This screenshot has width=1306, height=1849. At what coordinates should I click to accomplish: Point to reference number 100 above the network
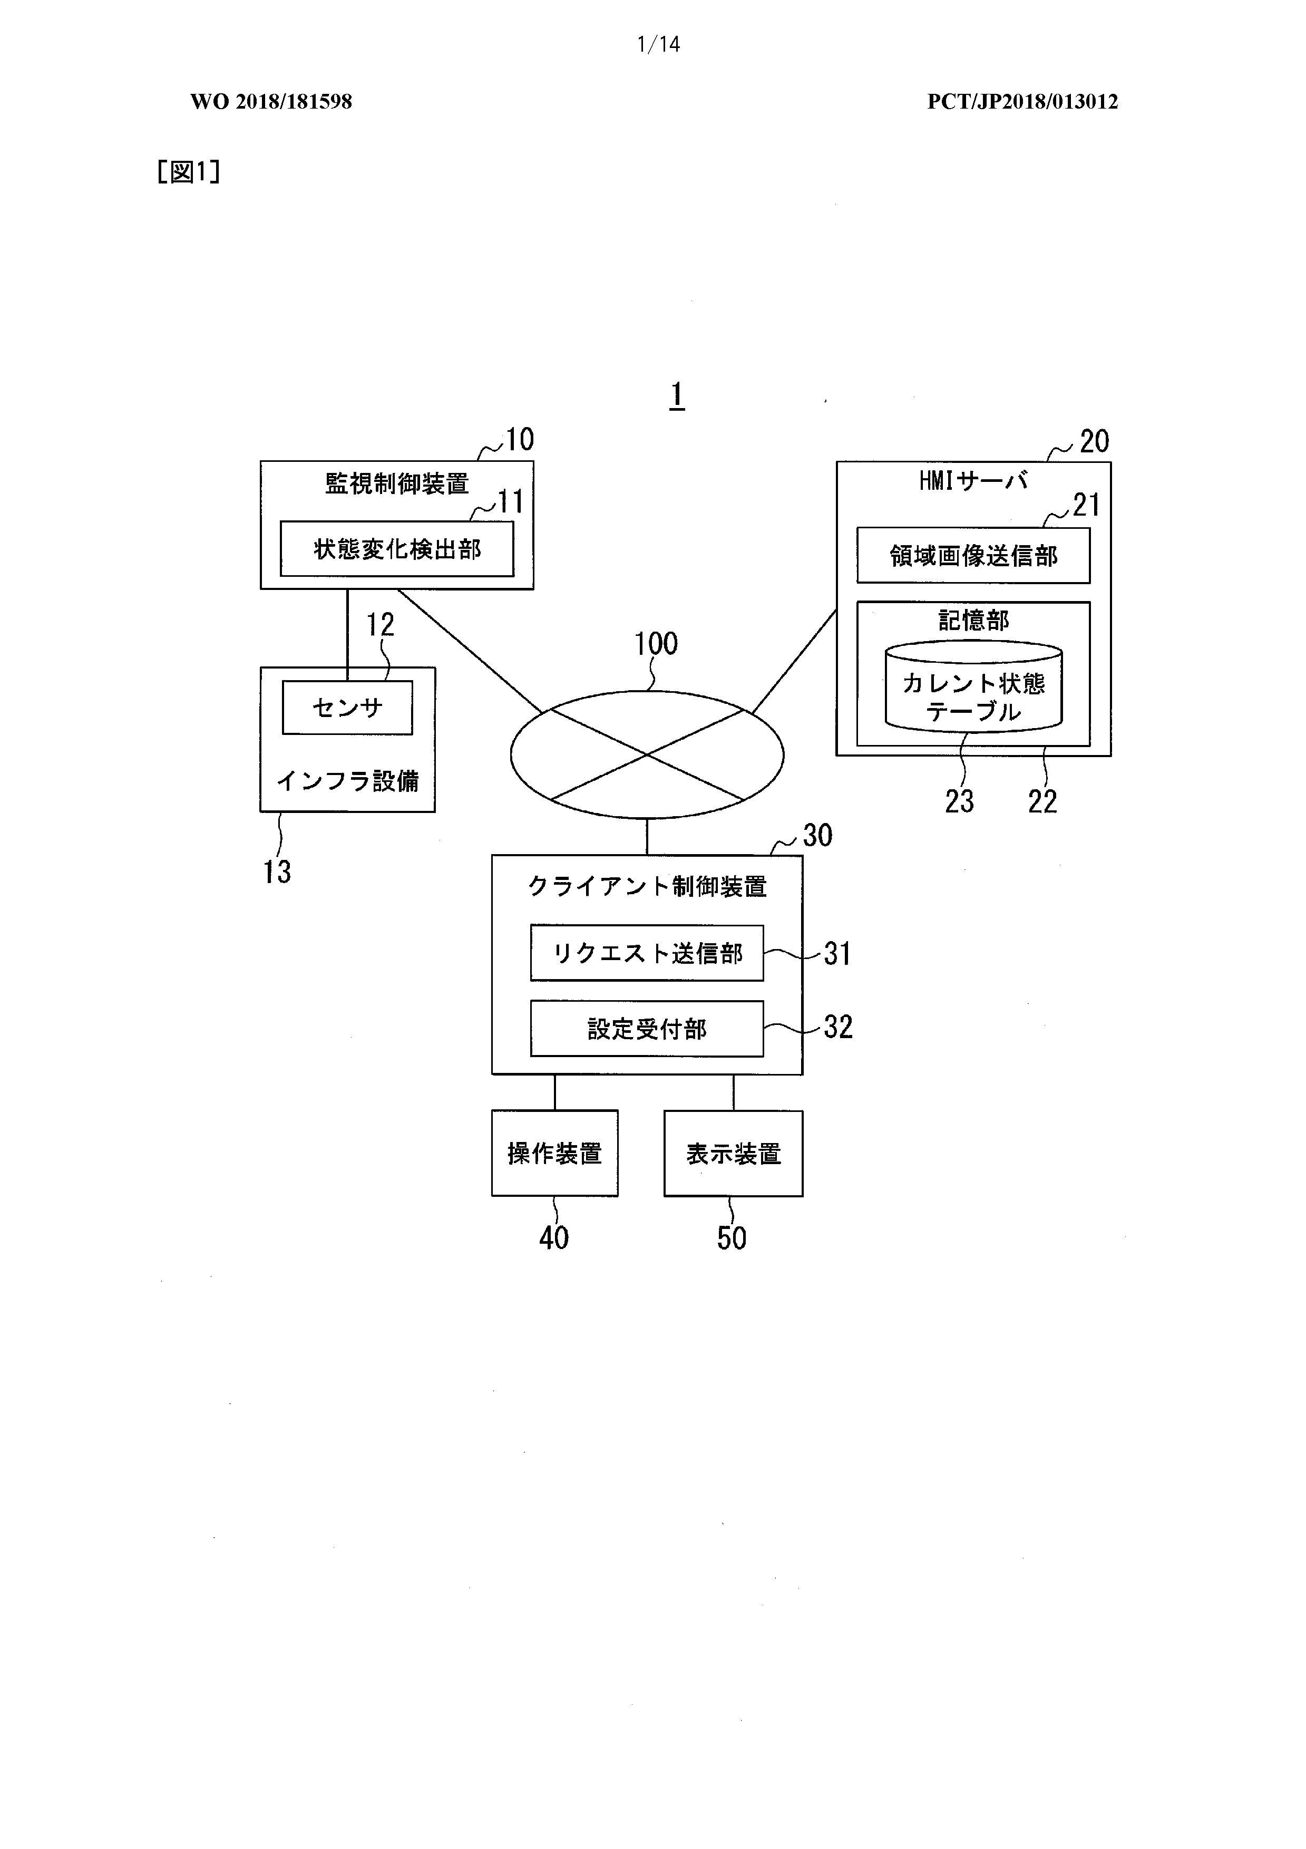pyautogui.click(x=656, y=643)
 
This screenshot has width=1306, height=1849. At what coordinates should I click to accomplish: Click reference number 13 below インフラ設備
pyautogui.click(x=277, y=872)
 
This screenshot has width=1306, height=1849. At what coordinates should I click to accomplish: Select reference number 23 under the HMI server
pyautogui.click(x=959, y=801)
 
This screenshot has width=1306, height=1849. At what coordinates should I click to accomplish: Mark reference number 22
pyautogui.click(x=1042, y=801)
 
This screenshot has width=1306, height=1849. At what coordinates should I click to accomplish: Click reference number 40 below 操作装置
pyautogui.click(x=554, y=1238)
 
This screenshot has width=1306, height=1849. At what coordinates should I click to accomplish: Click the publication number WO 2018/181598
pyautogui.click(x=271, y=101)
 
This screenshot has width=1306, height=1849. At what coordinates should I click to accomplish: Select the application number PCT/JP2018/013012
pyautogui.click(x=1022, y=101)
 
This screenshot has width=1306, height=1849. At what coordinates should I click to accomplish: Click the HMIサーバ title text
pyautogui.click(x=973, y=481)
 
